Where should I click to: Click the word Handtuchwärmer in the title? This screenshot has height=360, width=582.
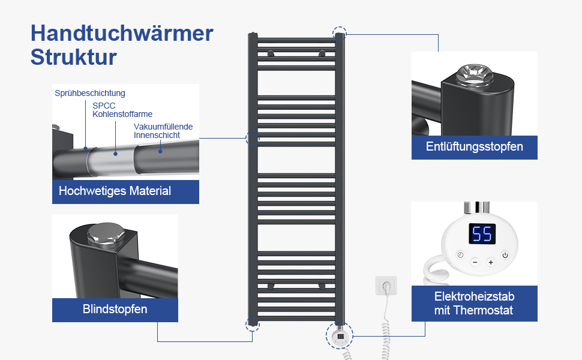(122, 33)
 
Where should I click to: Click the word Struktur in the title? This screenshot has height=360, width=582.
(73, 58)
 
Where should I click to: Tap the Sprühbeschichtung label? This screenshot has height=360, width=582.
(90, 93)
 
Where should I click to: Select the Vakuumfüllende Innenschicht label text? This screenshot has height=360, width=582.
(163, 131)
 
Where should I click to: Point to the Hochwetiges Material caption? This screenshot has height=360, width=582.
(115, 191)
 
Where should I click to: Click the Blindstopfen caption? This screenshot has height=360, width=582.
(115, 310)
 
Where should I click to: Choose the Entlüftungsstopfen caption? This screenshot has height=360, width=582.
(474, 147)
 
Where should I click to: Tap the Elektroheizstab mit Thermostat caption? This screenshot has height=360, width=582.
(474, 304)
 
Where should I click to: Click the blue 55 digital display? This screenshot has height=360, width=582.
(482, 234)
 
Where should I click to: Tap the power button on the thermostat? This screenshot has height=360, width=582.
(505, 255)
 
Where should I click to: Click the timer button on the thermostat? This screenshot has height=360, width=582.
(460, 255)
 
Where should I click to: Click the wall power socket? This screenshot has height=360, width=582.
(386, 286)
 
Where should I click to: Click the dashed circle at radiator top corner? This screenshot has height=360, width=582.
(340, 33)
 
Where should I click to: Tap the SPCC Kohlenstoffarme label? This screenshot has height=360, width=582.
(122, 110)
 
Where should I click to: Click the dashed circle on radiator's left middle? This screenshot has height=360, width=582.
(253, 139)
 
